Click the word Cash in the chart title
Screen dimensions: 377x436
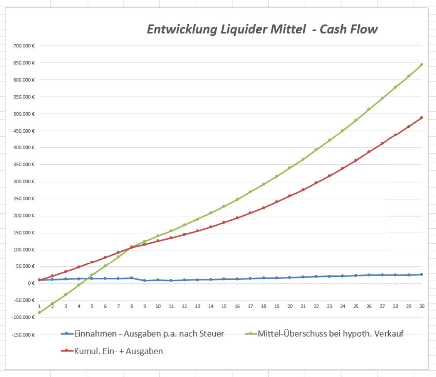coord(329,30)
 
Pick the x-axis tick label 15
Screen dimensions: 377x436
coord(224,306)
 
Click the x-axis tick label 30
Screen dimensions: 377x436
coord(421,306)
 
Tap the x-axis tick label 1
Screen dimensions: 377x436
coord(39,306)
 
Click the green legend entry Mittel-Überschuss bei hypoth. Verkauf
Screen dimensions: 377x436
coord(330,333)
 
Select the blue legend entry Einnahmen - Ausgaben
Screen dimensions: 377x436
coord(149,333)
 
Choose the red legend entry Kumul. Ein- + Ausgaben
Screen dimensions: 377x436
coord(118,351)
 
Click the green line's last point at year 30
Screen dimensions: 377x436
coord(421,64)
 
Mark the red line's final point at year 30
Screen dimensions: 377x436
coord(421,118)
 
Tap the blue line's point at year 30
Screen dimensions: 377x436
coord(421,274)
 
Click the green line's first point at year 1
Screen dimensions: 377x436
coord(39,313)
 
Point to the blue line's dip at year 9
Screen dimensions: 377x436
coord(145,281)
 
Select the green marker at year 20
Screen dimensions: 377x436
coord(290,168)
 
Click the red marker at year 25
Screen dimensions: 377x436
coord(356,160)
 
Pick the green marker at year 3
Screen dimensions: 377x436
coord(66,294)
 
